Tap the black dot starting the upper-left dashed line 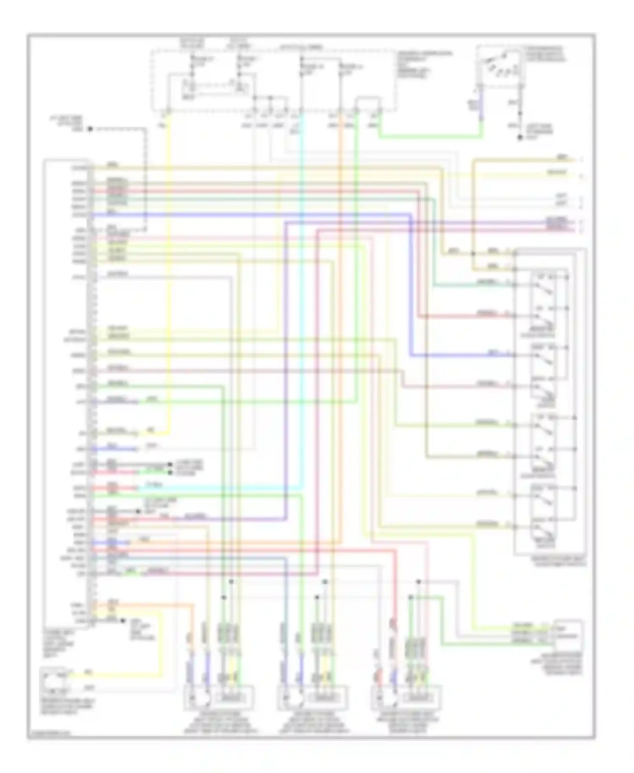coord(90,129)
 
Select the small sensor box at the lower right coord(568,635)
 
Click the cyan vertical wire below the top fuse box coord(301,254)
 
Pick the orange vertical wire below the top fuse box coord(341,254)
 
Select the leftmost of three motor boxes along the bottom coord(219,697)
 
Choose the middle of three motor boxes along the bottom coord(313,697)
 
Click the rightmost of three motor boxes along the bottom coord(407,697)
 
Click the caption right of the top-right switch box coord(545,54)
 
